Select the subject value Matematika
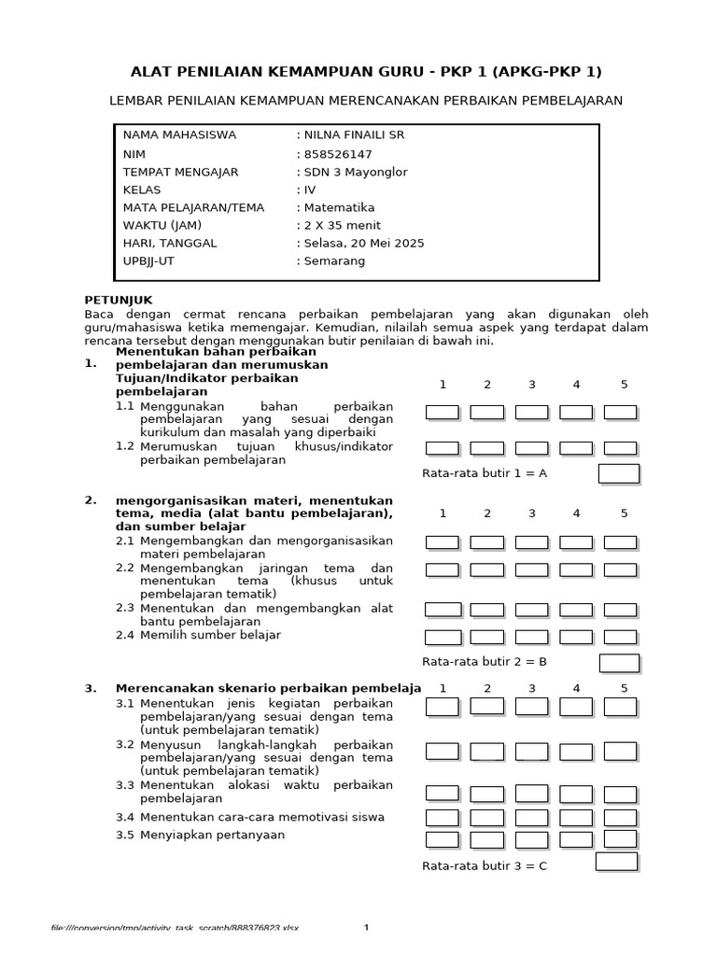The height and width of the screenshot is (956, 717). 339,208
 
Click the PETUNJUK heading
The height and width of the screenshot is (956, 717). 111,301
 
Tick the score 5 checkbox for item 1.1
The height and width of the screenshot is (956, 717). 620,413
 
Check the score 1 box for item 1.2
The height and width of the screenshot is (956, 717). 442,448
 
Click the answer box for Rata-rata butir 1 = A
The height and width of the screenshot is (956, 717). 618,473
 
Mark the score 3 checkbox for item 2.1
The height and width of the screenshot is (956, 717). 531,542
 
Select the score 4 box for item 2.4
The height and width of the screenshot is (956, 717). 575,638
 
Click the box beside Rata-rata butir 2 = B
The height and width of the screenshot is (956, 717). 618,663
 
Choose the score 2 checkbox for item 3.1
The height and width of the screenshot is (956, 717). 486,707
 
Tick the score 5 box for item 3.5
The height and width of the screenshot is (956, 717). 620,838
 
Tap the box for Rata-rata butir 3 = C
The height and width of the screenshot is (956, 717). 616,863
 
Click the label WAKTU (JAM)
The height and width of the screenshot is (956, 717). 162,226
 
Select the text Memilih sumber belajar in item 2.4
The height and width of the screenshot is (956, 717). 210,636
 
